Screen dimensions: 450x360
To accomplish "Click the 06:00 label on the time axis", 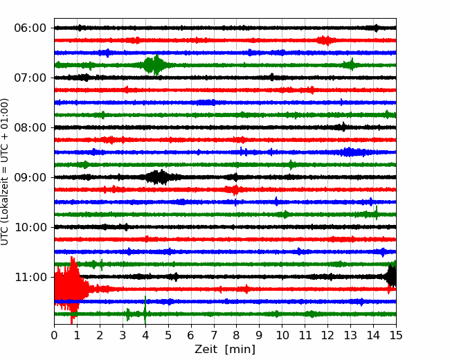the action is (x=30, y=28).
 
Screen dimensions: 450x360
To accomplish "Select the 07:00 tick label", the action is (x=30, y=78).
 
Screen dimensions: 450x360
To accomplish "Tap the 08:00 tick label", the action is (x=30, y=127).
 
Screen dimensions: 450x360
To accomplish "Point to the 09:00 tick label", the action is (x=30, y=177).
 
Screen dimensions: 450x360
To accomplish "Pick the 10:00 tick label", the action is (x=30, y=227).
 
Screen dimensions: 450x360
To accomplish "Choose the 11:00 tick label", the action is (x=30, y=278).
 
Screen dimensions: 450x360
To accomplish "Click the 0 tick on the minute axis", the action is (x=54, y=335).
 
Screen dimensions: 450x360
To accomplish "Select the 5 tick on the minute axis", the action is (x=168, y=335).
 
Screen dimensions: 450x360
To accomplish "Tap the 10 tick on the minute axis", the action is (x=282, y=335).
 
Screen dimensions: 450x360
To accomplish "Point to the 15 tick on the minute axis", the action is (x=396, y=335).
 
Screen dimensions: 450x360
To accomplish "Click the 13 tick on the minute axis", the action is (x=350, y=335).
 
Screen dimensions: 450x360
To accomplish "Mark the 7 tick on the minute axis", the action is (x=214, y=335).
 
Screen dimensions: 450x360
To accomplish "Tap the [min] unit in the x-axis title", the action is (x=240, y=350).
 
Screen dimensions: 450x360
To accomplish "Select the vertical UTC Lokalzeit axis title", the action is (x=5, y=172).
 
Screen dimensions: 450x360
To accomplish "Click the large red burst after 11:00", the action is (x=71, y=290).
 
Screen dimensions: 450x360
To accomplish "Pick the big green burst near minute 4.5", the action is (x=155, y=65).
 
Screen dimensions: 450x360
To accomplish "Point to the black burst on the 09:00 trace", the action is (x=159, y=177).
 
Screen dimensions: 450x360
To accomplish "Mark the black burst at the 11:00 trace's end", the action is (x=391, y=276).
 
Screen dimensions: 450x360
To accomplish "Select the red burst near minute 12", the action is (x=325, y=40).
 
